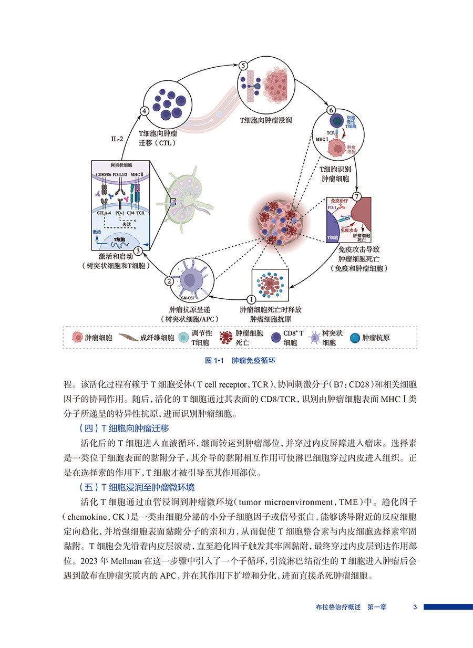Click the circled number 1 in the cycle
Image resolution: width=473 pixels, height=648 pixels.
(x=251, y=299)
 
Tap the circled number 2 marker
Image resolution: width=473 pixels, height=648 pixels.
(x=169, y=281)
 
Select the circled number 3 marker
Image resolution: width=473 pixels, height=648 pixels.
(x=137, y=252)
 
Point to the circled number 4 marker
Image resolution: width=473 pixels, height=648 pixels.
(x=144, y=111)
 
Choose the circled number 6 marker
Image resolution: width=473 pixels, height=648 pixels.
(x=331, y=110)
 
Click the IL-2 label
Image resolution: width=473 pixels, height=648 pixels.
(x=117, y=139)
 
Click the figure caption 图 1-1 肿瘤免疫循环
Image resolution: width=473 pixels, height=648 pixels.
(x=240, y=361)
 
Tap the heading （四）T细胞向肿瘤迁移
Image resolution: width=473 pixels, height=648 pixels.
(x=124, y=427)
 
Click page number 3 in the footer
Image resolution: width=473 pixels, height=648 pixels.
(x=415, y=607)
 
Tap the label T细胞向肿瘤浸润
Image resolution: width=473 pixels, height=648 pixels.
(x=266, y=120)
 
